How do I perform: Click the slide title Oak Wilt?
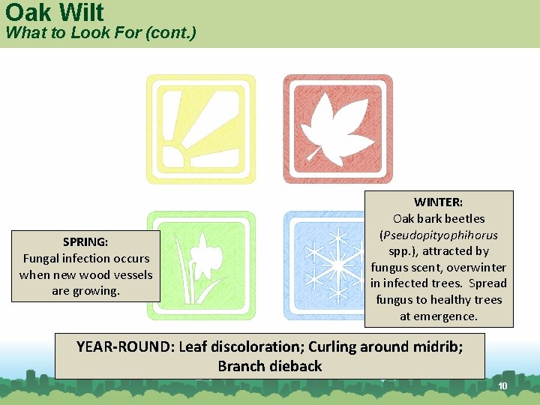click(x=54, y=12)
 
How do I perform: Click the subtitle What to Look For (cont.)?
click(x=100, y=34)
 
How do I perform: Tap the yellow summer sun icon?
click(x=200, y=129)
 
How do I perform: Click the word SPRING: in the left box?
click(x=85, y=242)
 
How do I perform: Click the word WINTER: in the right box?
click(x=439, y=202)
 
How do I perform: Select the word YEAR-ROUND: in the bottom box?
click(x=125, y=346)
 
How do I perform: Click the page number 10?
click(x=502, y=386)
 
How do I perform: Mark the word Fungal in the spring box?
click(x=43, y=259)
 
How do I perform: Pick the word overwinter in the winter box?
click(x=476, y=267)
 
